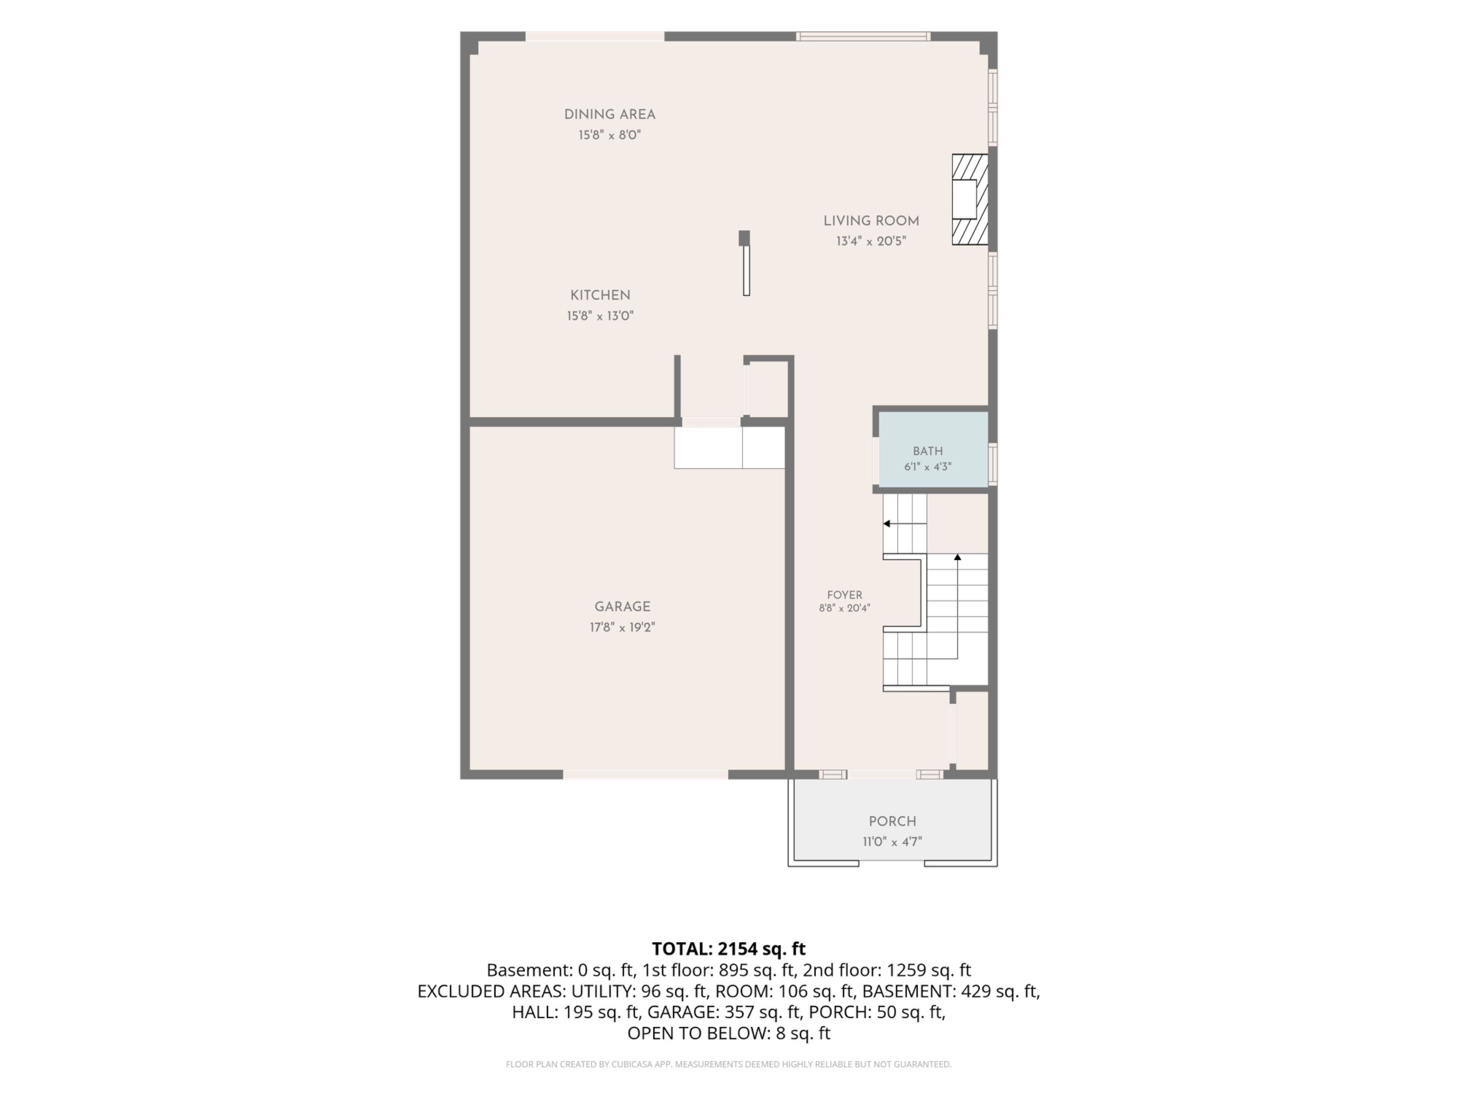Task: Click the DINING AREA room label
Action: click(610, 115)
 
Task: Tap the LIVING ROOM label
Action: click(871, 221)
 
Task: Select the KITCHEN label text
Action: click(600, 296)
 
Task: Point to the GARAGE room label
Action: click(622, 607)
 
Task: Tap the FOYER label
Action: click(844, 595)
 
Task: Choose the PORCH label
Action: click(893, 822)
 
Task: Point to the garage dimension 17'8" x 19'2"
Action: click(622, 627)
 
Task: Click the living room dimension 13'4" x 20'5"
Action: click(871, 241)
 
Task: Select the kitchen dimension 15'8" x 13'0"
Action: click(600, 316)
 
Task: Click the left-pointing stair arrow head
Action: click(887, 523)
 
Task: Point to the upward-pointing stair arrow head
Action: click(958, 557)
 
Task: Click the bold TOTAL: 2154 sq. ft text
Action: click(728, 949)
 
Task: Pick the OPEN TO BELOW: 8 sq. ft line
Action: click(728, 1033)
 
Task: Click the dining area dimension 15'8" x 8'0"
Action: click(610, 135)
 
